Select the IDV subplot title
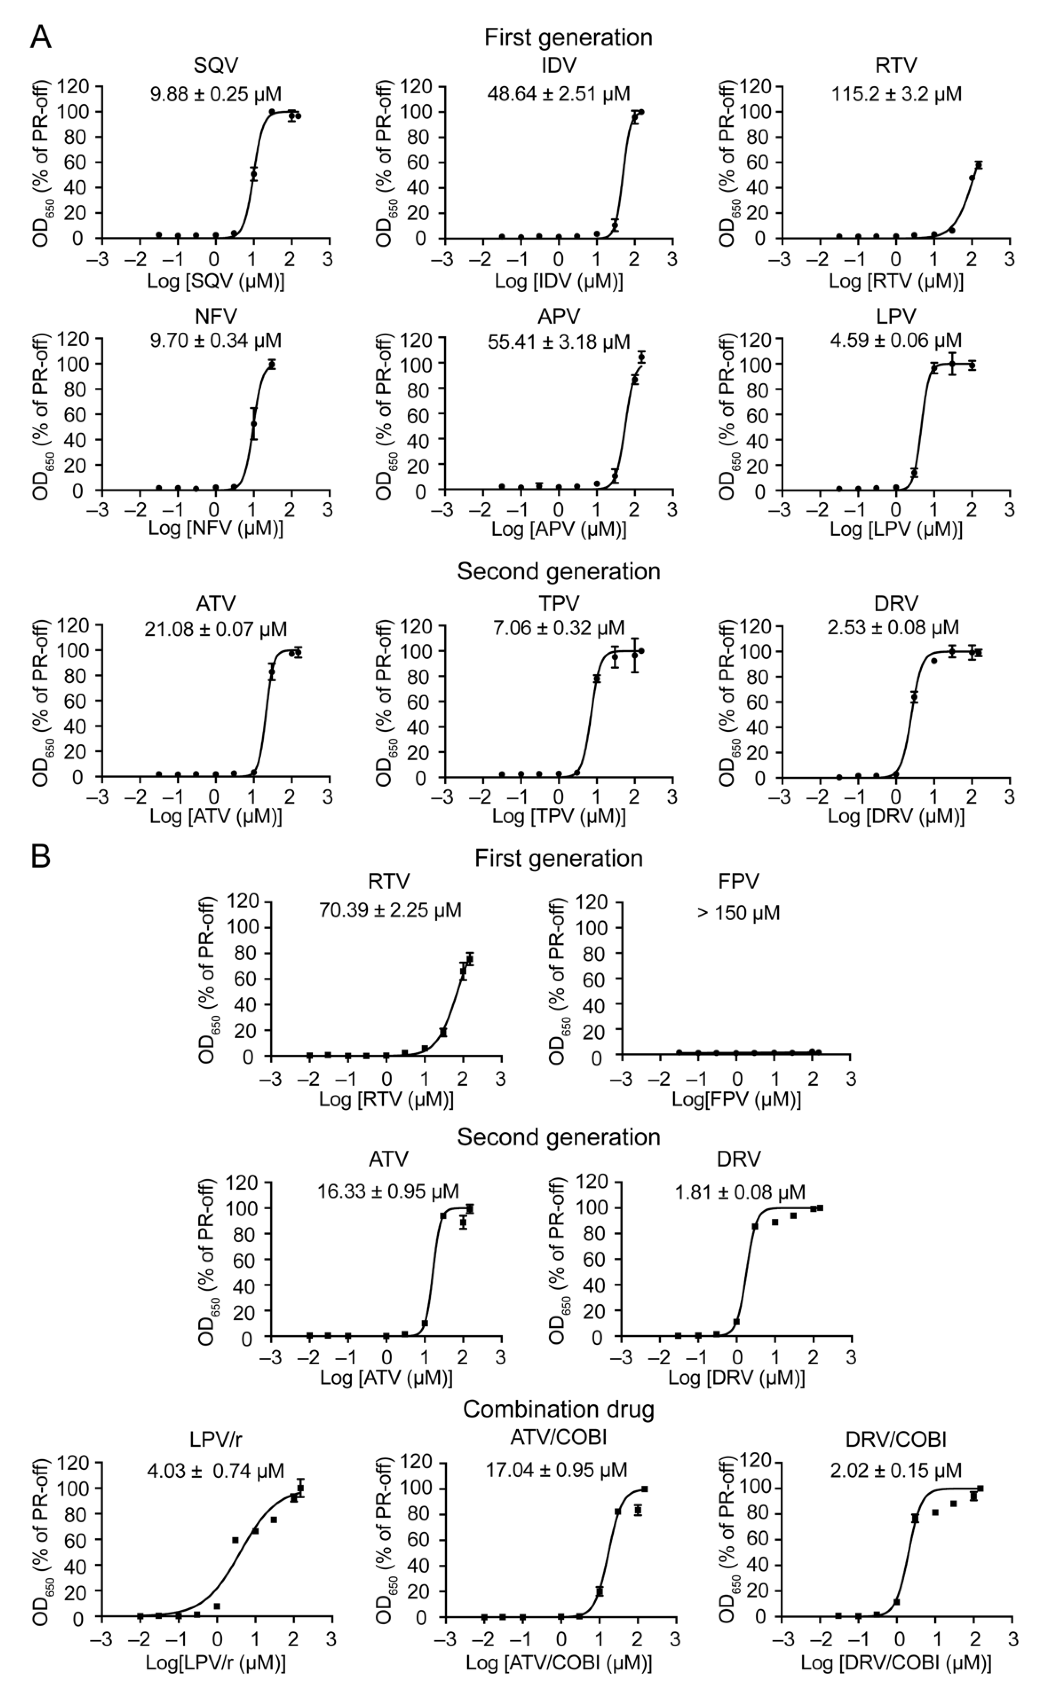pos(558,66)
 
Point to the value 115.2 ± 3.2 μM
pos(896,93)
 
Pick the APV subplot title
pos(558,316)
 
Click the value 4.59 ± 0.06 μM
pos(896,341)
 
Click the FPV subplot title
pos(738,881)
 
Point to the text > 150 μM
pos(738,913)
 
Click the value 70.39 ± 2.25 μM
pos(390,910)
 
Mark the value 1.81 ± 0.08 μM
pos(739,1192)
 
